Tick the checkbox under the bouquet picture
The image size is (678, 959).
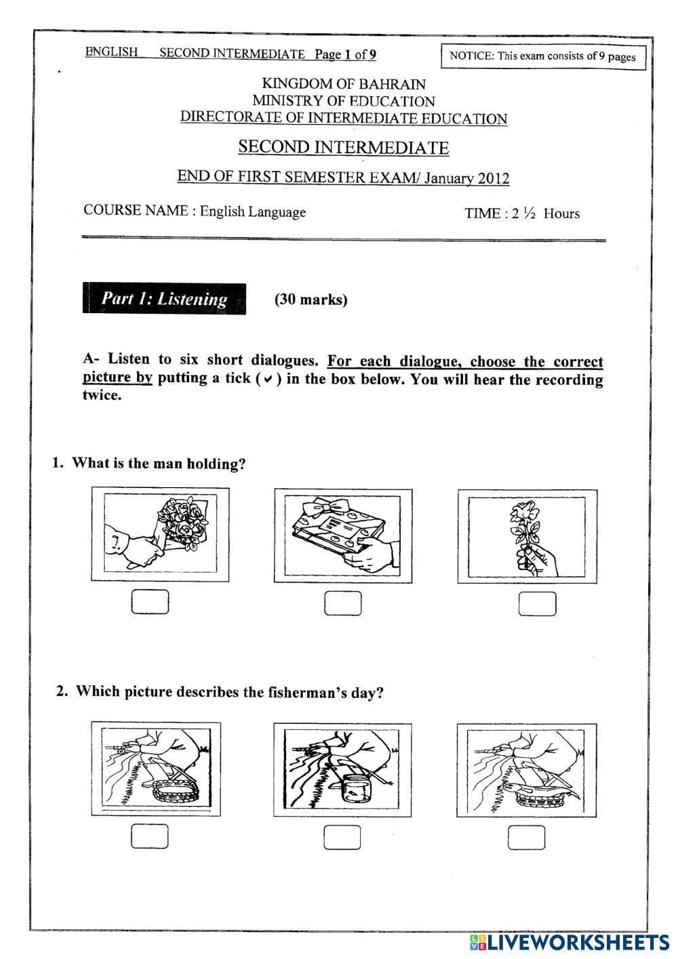coord(150,603)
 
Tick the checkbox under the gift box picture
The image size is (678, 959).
coord(343,603)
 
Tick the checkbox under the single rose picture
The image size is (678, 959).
coord(537,604)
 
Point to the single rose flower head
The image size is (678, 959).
coord(525,509)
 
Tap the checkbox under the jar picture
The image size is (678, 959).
coord(342,838)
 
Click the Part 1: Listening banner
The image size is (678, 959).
coord(164,299)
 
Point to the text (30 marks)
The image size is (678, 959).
coord(311,300)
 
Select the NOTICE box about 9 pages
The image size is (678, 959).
coord(542,56)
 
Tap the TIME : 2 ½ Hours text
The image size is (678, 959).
coord(522,213)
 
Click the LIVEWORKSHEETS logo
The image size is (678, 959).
coord(568,942)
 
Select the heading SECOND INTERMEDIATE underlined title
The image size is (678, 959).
coord(343,147)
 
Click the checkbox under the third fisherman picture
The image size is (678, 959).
coord(527,838)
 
